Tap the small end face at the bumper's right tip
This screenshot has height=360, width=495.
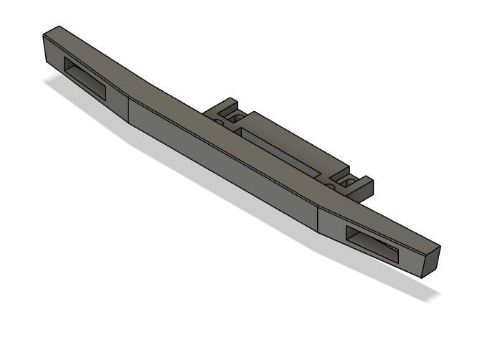click(430, 259)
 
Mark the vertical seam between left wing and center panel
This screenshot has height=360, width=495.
click(128, 108)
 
